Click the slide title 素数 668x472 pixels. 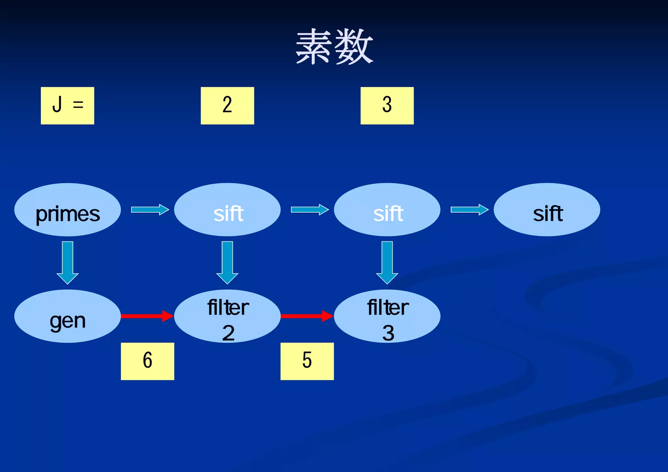pos(334,47)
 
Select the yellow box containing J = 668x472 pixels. pos(68,105)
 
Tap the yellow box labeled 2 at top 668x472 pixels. pos(227,105)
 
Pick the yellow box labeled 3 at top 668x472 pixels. pos(387,105)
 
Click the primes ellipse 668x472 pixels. pos(68,210)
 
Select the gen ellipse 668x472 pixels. pos(68,316)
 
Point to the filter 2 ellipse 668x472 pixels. pos(227,316)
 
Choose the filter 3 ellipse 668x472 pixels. pos(387,316)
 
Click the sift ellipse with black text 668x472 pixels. pos(547,210)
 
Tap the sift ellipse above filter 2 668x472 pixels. pos(227,210)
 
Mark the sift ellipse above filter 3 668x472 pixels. pos(387,210)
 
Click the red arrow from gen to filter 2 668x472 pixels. pos(147,316)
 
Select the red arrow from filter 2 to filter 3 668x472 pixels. pos(307,316)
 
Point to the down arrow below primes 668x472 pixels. pos(68,263)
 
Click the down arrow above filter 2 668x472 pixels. pos(227,263)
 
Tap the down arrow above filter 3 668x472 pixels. pos(387,263)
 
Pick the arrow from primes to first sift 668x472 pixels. pos(150,209)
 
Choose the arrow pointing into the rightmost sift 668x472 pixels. pos(469,209)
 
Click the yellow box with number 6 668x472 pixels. pos(147,361)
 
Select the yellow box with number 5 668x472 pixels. pos(307,361)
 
